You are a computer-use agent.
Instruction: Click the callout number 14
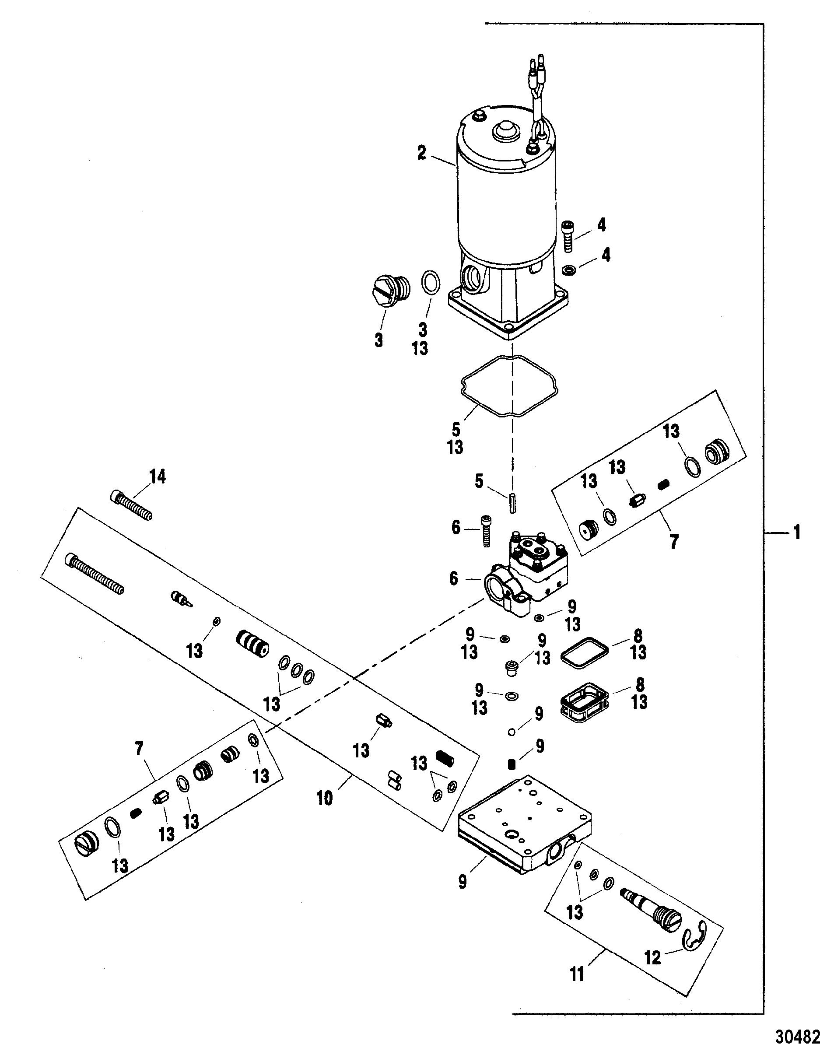(x=158, y=476)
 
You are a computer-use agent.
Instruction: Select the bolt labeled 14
(x=132, y=506)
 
